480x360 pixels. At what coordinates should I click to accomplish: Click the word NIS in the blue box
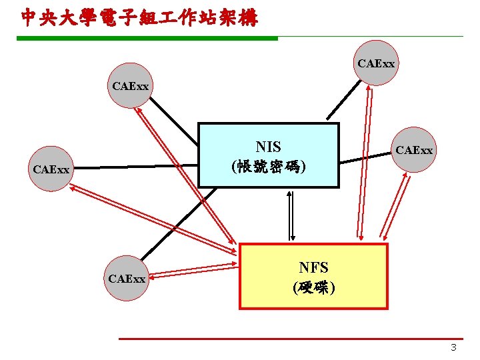tap(268, 147)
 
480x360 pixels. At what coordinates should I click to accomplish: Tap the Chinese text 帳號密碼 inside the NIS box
tap(269, 166)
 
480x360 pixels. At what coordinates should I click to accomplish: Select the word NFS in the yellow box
tap(313, 267)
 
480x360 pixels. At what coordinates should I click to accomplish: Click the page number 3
tap(453, 347)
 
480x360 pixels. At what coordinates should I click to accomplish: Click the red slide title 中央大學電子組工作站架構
tap(139, 17)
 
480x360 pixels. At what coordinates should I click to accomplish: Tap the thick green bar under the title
tap(147, 38)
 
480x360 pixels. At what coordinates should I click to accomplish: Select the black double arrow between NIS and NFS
tap(291, 215)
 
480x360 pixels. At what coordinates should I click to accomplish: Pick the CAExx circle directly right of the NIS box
tap(414, 151)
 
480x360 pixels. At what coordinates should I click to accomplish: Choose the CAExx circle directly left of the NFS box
tap(127, 279)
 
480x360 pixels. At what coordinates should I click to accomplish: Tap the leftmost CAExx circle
tap(51, 170)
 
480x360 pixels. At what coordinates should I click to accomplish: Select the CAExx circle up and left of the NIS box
tap(131, 86)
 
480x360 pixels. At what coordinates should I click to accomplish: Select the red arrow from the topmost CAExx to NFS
tap(363, 160)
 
